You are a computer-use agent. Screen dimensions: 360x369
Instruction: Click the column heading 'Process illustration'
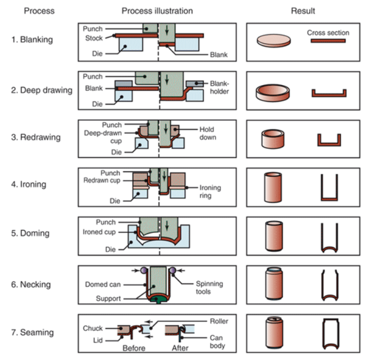[157, 11]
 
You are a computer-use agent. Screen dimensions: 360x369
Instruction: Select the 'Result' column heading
[303, 11]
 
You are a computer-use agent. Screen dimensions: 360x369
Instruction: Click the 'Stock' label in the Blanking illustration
[95, 38]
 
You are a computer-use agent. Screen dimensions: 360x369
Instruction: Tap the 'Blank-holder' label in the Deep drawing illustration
[222, 87]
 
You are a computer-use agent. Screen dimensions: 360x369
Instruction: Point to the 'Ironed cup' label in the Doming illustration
[100, 232]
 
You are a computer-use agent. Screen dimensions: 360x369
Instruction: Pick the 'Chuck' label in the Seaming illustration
[93, 328]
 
